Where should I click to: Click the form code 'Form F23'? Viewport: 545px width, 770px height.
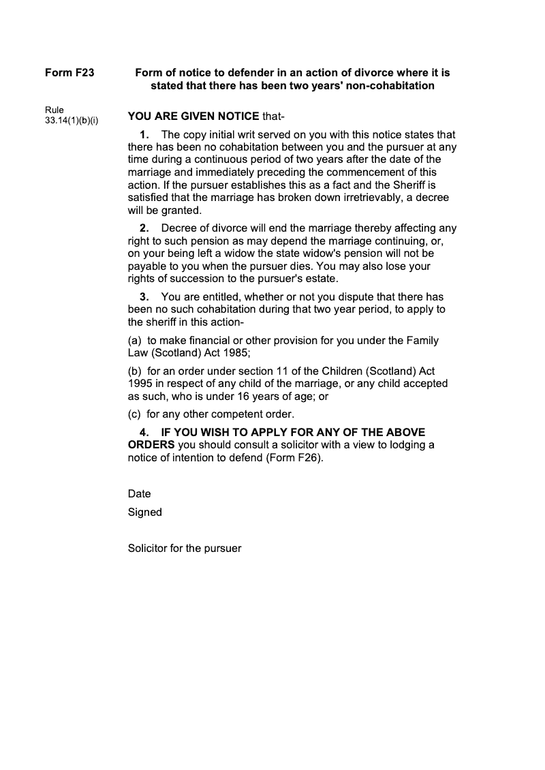tap(69, 72)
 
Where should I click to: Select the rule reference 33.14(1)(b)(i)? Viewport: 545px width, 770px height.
tap(72, 121)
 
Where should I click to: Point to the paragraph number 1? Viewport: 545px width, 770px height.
tap(144, 135)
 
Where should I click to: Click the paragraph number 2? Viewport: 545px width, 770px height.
tap(144, 228)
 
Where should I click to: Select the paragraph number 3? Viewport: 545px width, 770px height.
tap(144, 297)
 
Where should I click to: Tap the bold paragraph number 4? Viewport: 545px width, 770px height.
tap(144, 433)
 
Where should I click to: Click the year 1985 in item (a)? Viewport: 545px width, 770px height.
tap(236, 352)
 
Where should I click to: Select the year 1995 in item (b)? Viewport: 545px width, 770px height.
tap(140, 384)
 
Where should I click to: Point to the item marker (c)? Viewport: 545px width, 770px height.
tap(135, 414)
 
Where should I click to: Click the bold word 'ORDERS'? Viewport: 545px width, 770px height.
tap(151, 445)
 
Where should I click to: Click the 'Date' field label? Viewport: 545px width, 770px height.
tap(139, 493)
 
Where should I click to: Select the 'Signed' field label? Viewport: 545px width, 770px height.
tap(144, 512)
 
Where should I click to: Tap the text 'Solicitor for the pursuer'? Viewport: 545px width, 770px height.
tap(185, 548)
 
